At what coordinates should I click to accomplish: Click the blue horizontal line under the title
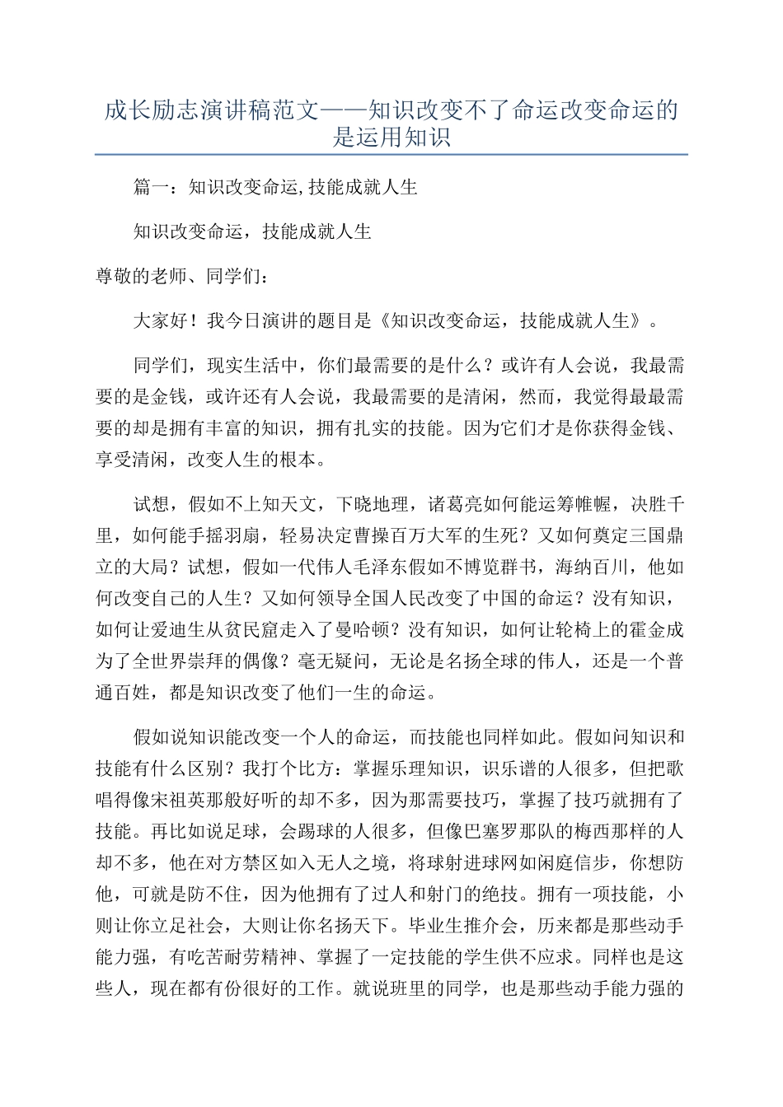[391, 154]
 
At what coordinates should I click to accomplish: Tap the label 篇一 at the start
[151, 188]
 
